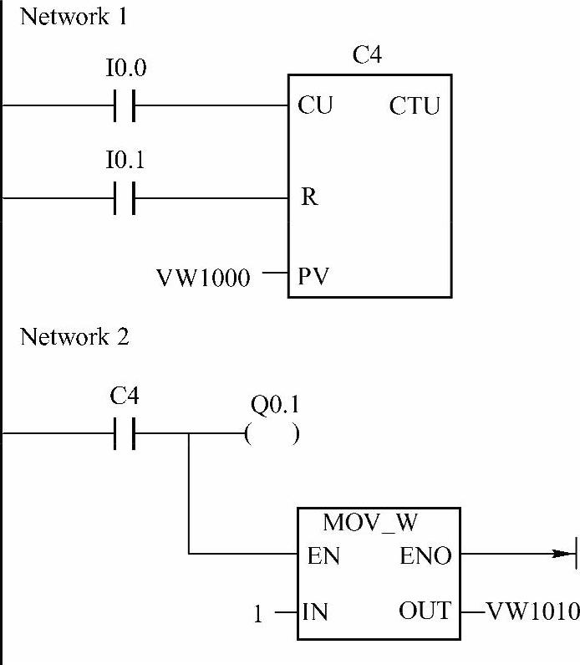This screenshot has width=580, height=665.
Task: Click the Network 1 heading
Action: coord(74,16)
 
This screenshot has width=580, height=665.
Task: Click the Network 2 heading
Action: coord(74,337)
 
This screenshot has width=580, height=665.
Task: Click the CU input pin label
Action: coord(314,106)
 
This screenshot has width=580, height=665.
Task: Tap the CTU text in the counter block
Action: coord(415,107)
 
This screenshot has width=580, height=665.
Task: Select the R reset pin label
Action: coord(308,199)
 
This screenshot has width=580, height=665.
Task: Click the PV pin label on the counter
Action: coord(313,276)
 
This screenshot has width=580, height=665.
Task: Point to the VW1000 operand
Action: coord(203,278)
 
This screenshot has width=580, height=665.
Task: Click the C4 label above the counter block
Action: coord(369,57)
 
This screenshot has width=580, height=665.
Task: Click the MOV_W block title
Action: coord(370,524)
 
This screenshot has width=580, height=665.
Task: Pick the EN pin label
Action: coord(323,555)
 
